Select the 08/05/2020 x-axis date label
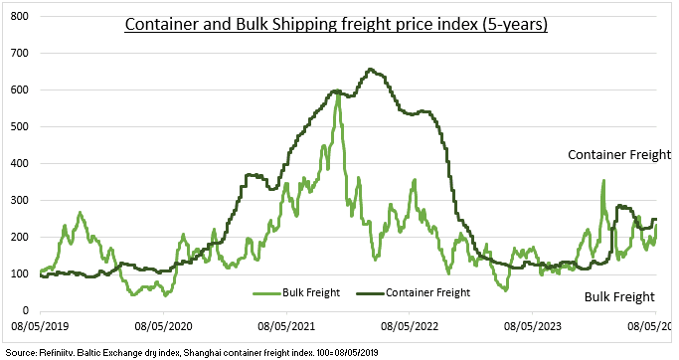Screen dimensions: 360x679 pyautogui.click(x=165, y=324)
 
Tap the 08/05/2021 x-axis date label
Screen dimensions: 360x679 pyautogui.click(x=288, y=324)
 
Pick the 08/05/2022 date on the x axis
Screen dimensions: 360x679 pyautogui.click(x=411, y=324)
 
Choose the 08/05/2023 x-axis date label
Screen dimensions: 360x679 pyautogui.click(x=534, y=324)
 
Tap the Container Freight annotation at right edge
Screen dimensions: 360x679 pyautogui.click(x=620, y=155)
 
